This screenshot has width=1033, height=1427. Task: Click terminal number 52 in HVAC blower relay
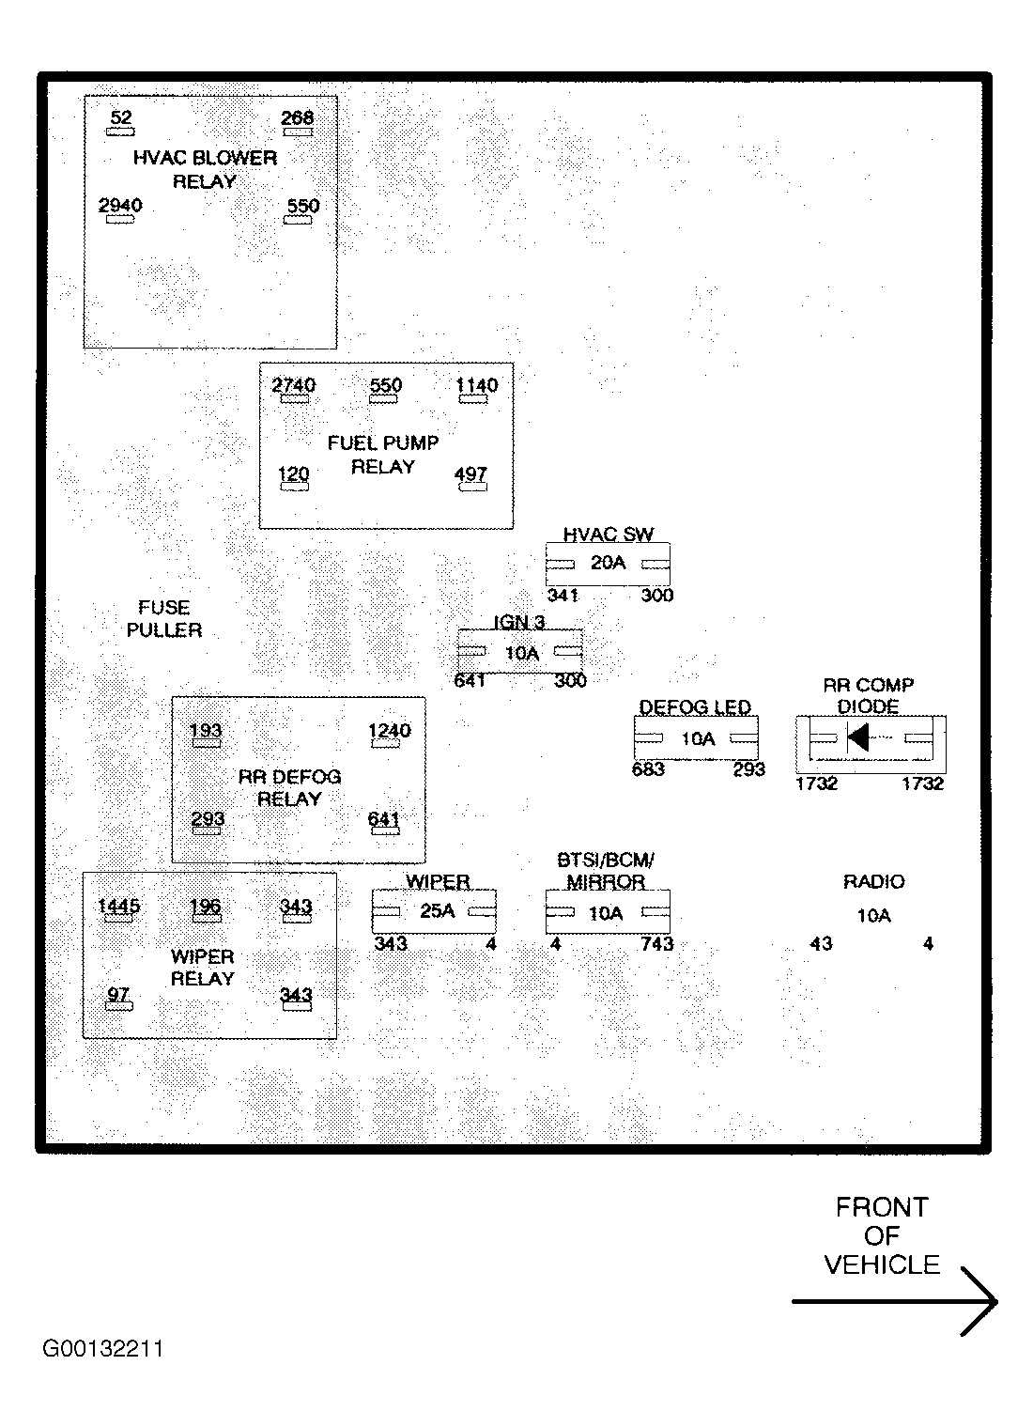coord(121,118)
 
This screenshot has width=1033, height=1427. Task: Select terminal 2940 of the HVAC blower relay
coord(120,206)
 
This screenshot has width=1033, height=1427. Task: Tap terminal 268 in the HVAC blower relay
coord(298,118)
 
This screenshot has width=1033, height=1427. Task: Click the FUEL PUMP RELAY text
coord(383,455)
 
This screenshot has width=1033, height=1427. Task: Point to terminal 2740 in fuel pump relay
coord(294,386)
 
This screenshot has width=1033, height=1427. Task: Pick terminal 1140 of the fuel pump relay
coord(477,386)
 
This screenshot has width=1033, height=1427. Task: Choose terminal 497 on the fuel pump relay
coord(470,474)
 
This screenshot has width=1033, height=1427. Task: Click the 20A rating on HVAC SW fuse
coord(608,563)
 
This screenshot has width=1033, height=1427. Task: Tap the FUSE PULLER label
coord(164,619)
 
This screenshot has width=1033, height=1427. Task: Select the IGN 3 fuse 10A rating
coord(522,653)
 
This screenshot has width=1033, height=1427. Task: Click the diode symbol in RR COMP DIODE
coord(858,737)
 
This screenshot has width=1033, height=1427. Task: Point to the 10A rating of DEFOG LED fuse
coord(698,739)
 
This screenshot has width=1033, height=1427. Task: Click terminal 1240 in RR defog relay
coord(390,731)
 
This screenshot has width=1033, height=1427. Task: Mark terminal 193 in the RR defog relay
coord(206,731)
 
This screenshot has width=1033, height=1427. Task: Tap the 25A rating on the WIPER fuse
coord(437,911)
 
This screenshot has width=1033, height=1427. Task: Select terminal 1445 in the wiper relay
coord(119,907)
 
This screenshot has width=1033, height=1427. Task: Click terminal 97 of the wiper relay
coord(118,995)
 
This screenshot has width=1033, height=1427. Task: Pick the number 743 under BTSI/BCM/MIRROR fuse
coord(657,944)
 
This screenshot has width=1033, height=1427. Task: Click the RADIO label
coord(873,882)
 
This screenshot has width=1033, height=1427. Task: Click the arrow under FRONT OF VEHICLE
coord(895,1301)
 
